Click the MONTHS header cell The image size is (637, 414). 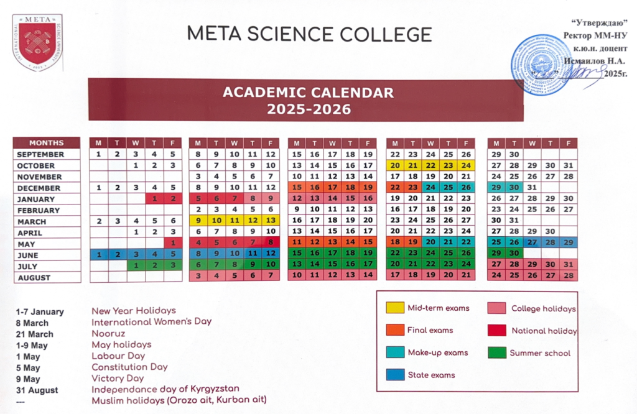pos(47,143)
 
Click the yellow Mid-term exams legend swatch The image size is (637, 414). pos(394,308)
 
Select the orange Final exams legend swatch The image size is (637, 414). pos(394,330)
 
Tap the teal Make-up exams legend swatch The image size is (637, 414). pos(394,352)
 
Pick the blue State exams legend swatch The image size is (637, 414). pos(394,375)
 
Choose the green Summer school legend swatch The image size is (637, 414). pos(497,352)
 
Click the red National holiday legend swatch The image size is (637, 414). pos(497,331)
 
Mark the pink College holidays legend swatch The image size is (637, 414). pos(497,308)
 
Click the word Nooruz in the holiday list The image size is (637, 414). pos(107,333)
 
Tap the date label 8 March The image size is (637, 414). pos(32,323)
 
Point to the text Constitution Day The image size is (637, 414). pos(129,367)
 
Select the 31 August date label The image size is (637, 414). pos(37,390)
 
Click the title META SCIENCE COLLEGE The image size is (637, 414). pos(309,34)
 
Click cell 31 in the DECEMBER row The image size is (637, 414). pos(531,188)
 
